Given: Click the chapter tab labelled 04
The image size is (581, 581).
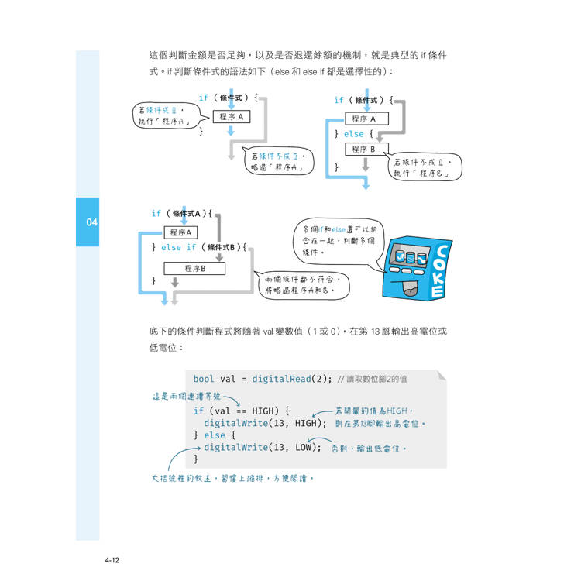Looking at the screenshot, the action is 88,222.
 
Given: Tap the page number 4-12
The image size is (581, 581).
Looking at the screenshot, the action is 112,560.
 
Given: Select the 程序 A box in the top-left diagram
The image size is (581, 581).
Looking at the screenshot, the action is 232,117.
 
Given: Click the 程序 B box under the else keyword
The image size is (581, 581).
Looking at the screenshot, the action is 367,149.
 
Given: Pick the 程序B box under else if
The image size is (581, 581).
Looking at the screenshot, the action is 194,268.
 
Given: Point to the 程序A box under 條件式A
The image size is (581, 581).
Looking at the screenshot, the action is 180,232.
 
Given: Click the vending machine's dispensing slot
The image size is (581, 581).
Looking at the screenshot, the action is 410,290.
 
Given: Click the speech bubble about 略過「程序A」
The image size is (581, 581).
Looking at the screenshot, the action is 277,161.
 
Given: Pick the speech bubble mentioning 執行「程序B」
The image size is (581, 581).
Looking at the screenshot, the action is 424,167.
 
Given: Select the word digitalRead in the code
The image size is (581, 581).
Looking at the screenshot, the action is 281,379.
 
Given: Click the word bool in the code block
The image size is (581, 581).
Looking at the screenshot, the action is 204,379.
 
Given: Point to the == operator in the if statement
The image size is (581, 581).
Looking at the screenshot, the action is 241,411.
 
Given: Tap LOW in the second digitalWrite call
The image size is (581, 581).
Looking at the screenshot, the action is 303,447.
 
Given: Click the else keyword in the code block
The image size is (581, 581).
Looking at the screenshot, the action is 215,435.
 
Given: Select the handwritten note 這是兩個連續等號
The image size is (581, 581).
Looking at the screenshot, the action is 187,396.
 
